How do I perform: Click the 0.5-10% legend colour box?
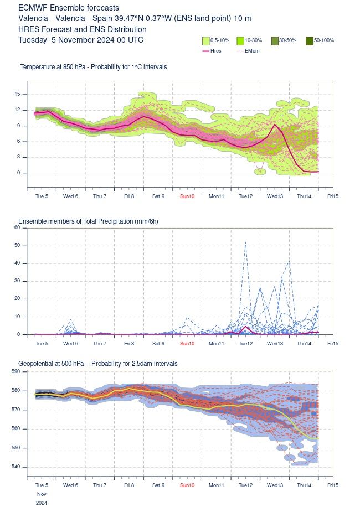[205, 40]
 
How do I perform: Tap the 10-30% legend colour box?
[240, 40]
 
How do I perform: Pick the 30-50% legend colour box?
[275, 40]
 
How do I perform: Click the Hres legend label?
[216, 50]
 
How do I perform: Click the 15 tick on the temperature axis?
[17, 94]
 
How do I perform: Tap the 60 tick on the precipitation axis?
[17, 227]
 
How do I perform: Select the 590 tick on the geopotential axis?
[16, 371]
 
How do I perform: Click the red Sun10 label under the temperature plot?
[187, 196]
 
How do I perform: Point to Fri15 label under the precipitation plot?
[333, 344]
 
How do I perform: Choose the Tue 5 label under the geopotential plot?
[42, 484]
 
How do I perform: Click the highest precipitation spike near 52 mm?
[245, 242]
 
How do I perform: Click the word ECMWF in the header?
[32, 8]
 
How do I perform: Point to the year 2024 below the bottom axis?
[42, 503]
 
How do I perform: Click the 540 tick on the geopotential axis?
[16, 467]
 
